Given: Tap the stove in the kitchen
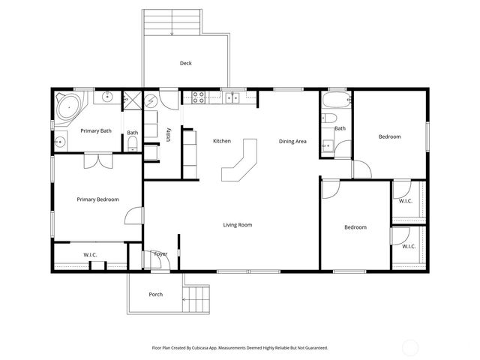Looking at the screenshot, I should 199,97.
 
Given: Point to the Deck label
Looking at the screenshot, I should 185,64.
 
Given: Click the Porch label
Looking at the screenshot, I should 156,294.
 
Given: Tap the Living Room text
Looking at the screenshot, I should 237,224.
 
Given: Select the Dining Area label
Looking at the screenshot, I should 292,141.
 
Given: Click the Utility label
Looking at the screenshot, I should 169,135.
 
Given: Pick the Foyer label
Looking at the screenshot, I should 160,254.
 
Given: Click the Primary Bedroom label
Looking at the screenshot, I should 97,199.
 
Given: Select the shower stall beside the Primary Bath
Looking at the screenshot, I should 133,100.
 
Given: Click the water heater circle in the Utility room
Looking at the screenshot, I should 151,100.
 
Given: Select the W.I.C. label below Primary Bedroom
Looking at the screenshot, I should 90,254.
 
